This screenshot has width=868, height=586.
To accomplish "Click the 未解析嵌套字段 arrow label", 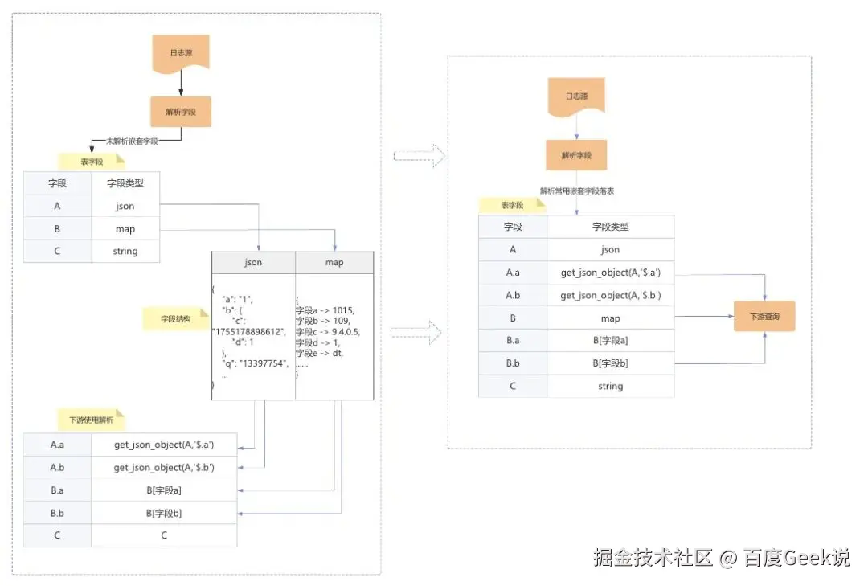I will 133,141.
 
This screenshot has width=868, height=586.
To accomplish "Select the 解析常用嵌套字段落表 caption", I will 577,191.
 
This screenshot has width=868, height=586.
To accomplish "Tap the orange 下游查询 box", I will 764,317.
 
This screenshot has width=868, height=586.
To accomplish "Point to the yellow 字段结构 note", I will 174,318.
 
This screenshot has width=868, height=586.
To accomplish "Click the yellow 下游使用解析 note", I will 91,420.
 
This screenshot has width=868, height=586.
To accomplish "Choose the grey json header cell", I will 253,263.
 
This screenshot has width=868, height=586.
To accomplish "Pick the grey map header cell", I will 334,263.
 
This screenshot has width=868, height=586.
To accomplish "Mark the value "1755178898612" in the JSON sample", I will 249,331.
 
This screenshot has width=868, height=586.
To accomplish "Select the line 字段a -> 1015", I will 325,310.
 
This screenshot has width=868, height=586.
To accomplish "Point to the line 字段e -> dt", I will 319,354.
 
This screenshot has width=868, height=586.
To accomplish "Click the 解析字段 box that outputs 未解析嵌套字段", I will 181,112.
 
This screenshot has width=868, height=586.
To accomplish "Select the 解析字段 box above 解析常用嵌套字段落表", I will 576,155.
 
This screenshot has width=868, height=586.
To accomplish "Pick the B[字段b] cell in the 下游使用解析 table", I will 164,513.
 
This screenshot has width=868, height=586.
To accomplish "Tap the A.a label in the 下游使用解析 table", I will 57,445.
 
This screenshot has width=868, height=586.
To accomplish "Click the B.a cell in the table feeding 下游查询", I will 513,341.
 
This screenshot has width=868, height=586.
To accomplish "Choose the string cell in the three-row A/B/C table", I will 125,252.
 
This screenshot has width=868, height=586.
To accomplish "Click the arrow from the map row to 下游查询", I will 703,318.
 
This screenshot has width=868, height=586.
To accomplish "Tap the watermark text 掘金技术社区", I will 653,557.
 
